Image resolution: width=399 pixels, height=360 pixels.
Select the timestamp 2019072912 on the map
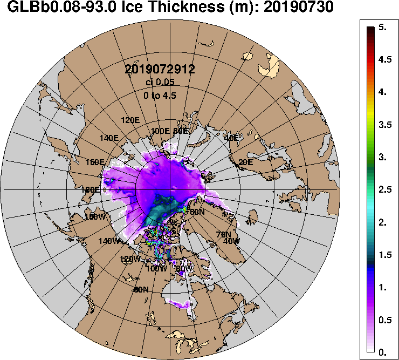point(160,69)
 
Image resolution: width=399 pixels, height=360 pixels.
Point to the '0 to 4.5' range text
point(160,96)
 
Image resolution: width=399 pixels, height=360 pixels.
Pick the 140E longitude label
point(109,137)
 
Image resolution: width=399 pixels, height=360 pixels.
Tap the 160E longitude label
point(95,162)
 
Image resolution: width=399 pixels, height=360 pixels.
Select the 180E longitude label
point(90,189)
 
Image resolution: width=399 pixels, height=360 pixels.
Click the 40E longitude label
point(231,138)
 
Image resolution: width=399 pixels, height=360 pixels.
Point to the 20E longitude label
point(245,162)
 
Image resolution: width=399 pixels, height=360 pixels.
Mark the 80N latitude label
point(198,212)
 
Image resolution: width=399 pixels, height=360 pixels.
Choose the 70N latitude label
point(223,234)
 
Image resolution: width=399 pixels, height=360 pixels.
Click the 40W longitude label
point(231,241)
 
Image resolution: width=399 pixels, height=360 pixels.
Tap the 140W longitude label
point(109,241)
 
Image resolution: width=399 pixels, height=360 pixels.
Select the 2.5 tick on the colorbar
point(385,190)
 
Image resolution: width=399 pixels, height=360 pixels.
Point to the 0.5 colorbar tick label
point(385,320)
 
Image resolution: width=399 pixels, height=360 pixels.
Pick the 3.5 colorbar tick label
point(385,125)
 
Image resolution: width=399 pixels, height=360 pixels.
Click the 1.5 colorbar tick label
point(385,255)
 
